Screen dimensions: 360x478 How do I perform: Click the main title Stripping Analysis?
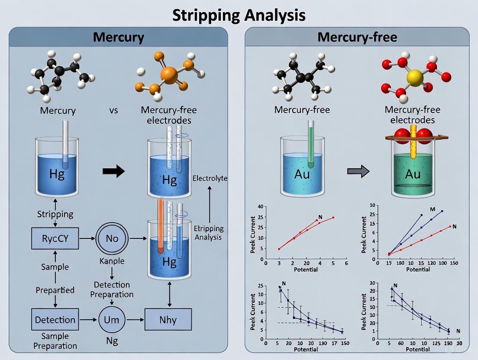pos(239,15)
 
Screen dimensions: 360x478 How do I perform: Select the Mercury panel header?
pos(118,37)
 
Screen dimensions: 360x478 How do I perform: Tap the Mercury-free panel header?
pos(357,37)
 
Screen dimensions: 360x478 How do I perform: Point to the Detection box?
pos(55,320)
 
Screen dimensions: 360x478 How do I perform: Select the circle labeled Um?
pos(112,320)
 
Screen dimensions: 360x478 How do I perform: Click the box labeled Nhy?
pos(168,320)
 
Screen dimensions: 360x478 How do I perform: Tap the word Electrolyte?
pos(210,178)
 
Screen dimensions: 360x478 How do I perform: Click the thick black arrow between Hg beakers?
pos(113,171)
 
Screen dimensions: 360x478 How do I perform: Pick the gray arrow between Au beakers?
pos(358,171)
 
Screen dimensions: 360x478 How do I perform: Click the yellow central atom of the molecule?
pos(415,79)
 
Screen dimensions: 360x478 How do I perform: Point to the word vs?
pos(113,110)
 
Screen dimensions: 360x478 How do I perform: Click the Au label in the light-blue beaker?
pos(302,174)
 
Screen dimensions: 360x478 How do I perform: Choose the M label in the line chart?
pos(432,209)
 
